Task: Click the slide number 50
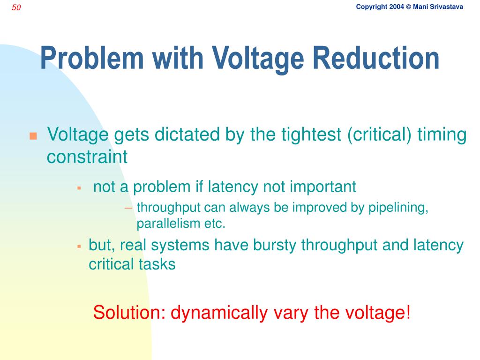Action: point(16,7)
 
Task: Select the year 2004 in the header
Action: point(396,7)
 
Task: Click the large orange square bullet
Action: point(33,136)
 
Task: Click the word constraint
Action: point(87,157)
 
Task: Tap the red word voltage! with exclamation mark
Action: point(379,312)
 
